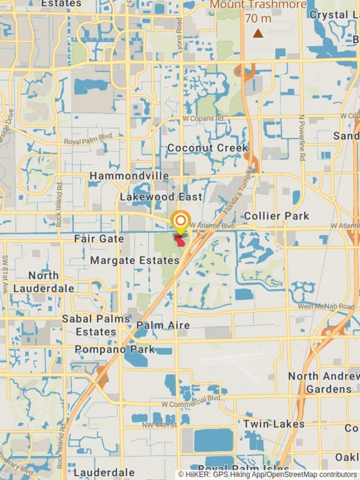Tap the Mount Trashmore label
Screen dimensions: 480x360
click(258, 5)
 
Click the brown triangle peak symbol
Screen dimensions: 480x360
click(258, 33)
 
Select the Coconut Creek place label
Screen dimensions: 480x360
click(208, 148)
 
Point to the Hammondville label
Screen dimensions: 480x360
click(129, 176)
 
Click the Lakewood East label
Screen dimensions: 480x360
click(161, 196)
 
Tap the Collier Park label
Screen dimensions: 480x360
click(276, 216)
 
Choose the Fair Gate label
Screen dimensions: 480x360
click(99, 239)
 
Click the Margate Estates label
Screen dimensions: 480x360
click(135, 260)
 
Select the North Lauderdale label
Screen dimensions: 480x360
click(44, 282)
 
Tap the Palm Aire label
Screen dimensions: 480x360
click(163, 325)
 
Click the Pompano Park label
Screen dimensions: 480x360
click(115, 349)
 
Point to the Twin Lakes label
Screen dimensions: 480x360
click(274, 424)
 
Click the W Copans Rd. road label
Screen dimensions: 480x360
click(204, 119)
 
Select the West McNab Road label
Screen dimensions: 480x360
click(326, 307)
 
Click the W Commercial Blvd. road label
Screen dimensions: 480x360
click(191, 401)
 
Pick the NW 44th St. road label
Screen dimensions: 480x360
click(160, 425)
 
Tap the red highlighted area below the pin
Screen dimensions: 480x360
click(180, 241)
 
